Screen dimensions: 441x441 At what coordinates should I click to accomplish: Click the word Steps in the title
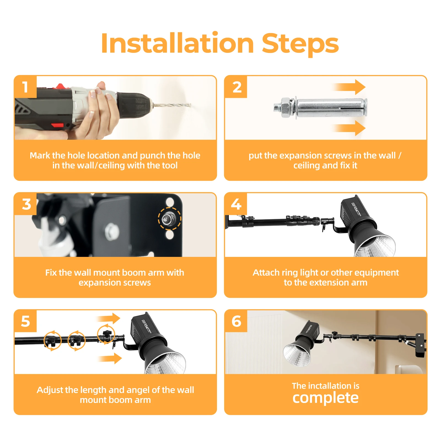300,45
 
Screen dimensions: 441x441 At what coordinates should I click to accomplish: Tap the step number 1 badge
25,87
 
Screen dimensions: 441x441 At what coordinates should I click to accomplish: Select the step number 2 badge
236,87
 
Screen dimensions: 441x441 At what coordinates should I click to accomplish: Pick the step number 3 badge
26,204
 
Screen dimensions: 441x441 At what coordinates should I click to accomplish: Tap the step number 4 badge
236,204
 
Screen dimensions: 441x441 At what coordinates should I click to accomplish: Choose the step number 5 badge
26,321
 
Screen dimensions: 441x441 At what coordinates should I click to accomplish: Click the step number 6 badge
236,321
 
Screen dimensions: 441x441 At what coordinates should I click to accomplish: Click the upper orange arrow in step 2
349,87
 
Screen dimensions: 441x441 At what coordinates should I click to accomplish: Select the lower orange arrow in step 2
349,128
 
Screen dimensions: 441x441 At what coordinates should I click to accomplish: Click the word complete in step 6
326,398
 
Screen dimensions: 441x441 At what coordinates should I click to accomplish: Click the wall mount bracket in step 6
420,345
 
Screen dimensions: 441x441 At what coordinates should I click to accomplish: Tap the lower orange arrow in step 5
110,359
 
